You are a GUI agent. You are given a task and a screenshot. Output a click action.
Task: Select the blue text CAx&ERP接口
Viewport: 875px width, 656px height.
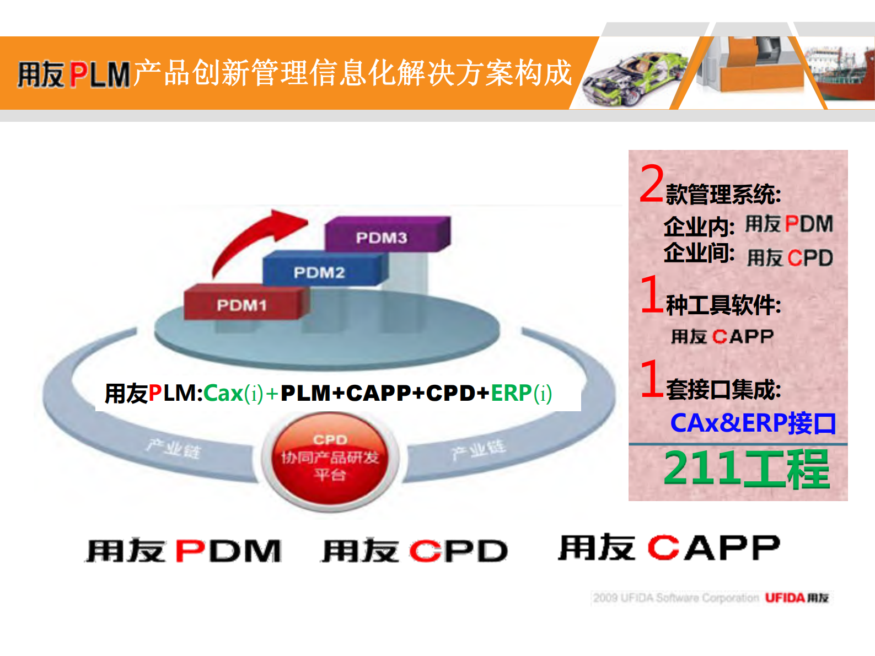(x=753, y=423)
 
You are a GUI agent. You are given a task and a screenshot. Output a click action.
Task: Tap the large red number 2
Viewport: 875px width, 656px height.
(x=652, y=184)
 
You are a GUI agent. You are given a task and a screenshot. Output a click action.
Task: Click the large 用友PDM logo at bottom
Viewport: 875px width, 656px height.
(x=184, y=550)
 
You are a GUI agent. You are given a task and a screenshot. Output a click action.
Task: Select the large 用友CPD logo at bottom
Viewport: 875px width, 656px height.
(x=415, y=550)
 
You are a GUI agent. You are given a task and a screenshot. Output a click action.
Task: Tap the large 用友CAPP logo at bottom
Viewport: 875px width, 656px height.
(x=669, y=547)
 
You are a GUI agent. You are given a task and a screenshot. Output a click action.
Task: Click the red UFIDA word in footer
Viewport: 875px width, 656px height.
(x=785, y=598)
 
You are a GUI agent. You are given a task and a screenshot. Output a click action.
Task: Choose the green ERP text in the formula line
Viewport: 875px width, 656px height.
(x=511, y=393)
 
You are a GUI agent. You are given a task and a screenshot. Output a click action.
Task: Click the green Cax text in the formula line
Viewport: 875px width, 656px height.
(x=223, y=393)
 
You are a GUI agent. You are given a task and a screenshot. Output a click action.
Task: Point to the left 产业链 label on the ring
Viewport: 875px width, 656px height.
(x=174, y=449)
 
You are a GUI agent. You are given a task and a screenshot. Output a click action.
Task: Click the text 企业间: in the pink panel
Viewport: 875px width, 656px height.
(x=699, y=253)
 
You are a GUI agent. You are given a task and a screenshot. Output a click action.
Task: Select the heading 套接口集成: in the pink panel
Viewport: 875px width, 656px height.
(x=723, y=390)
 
